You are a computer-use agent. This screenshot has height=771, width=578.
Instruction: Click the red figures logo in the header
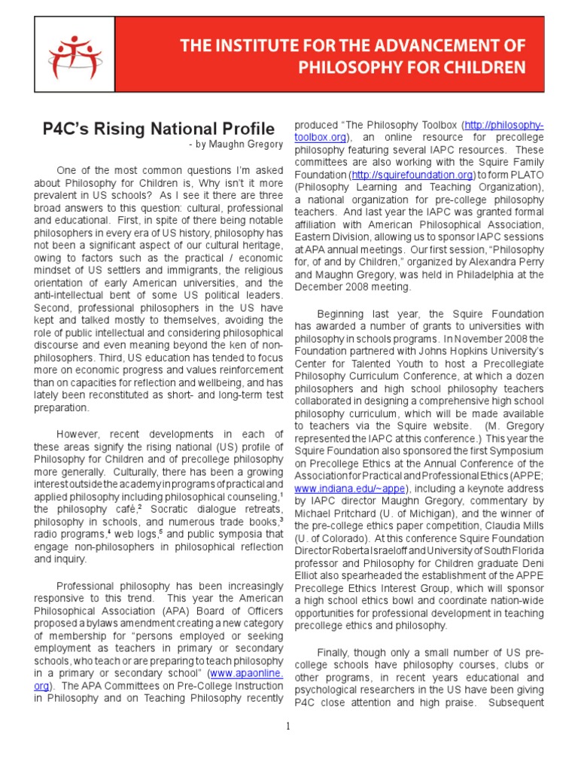(x=75, y=56)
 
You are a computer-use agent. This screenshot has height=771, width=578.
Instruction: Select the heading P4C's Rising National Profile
(x=158, y=129)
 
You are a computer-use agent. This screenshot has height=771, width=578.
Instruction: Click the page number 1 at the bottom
(x=287, y=726)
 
